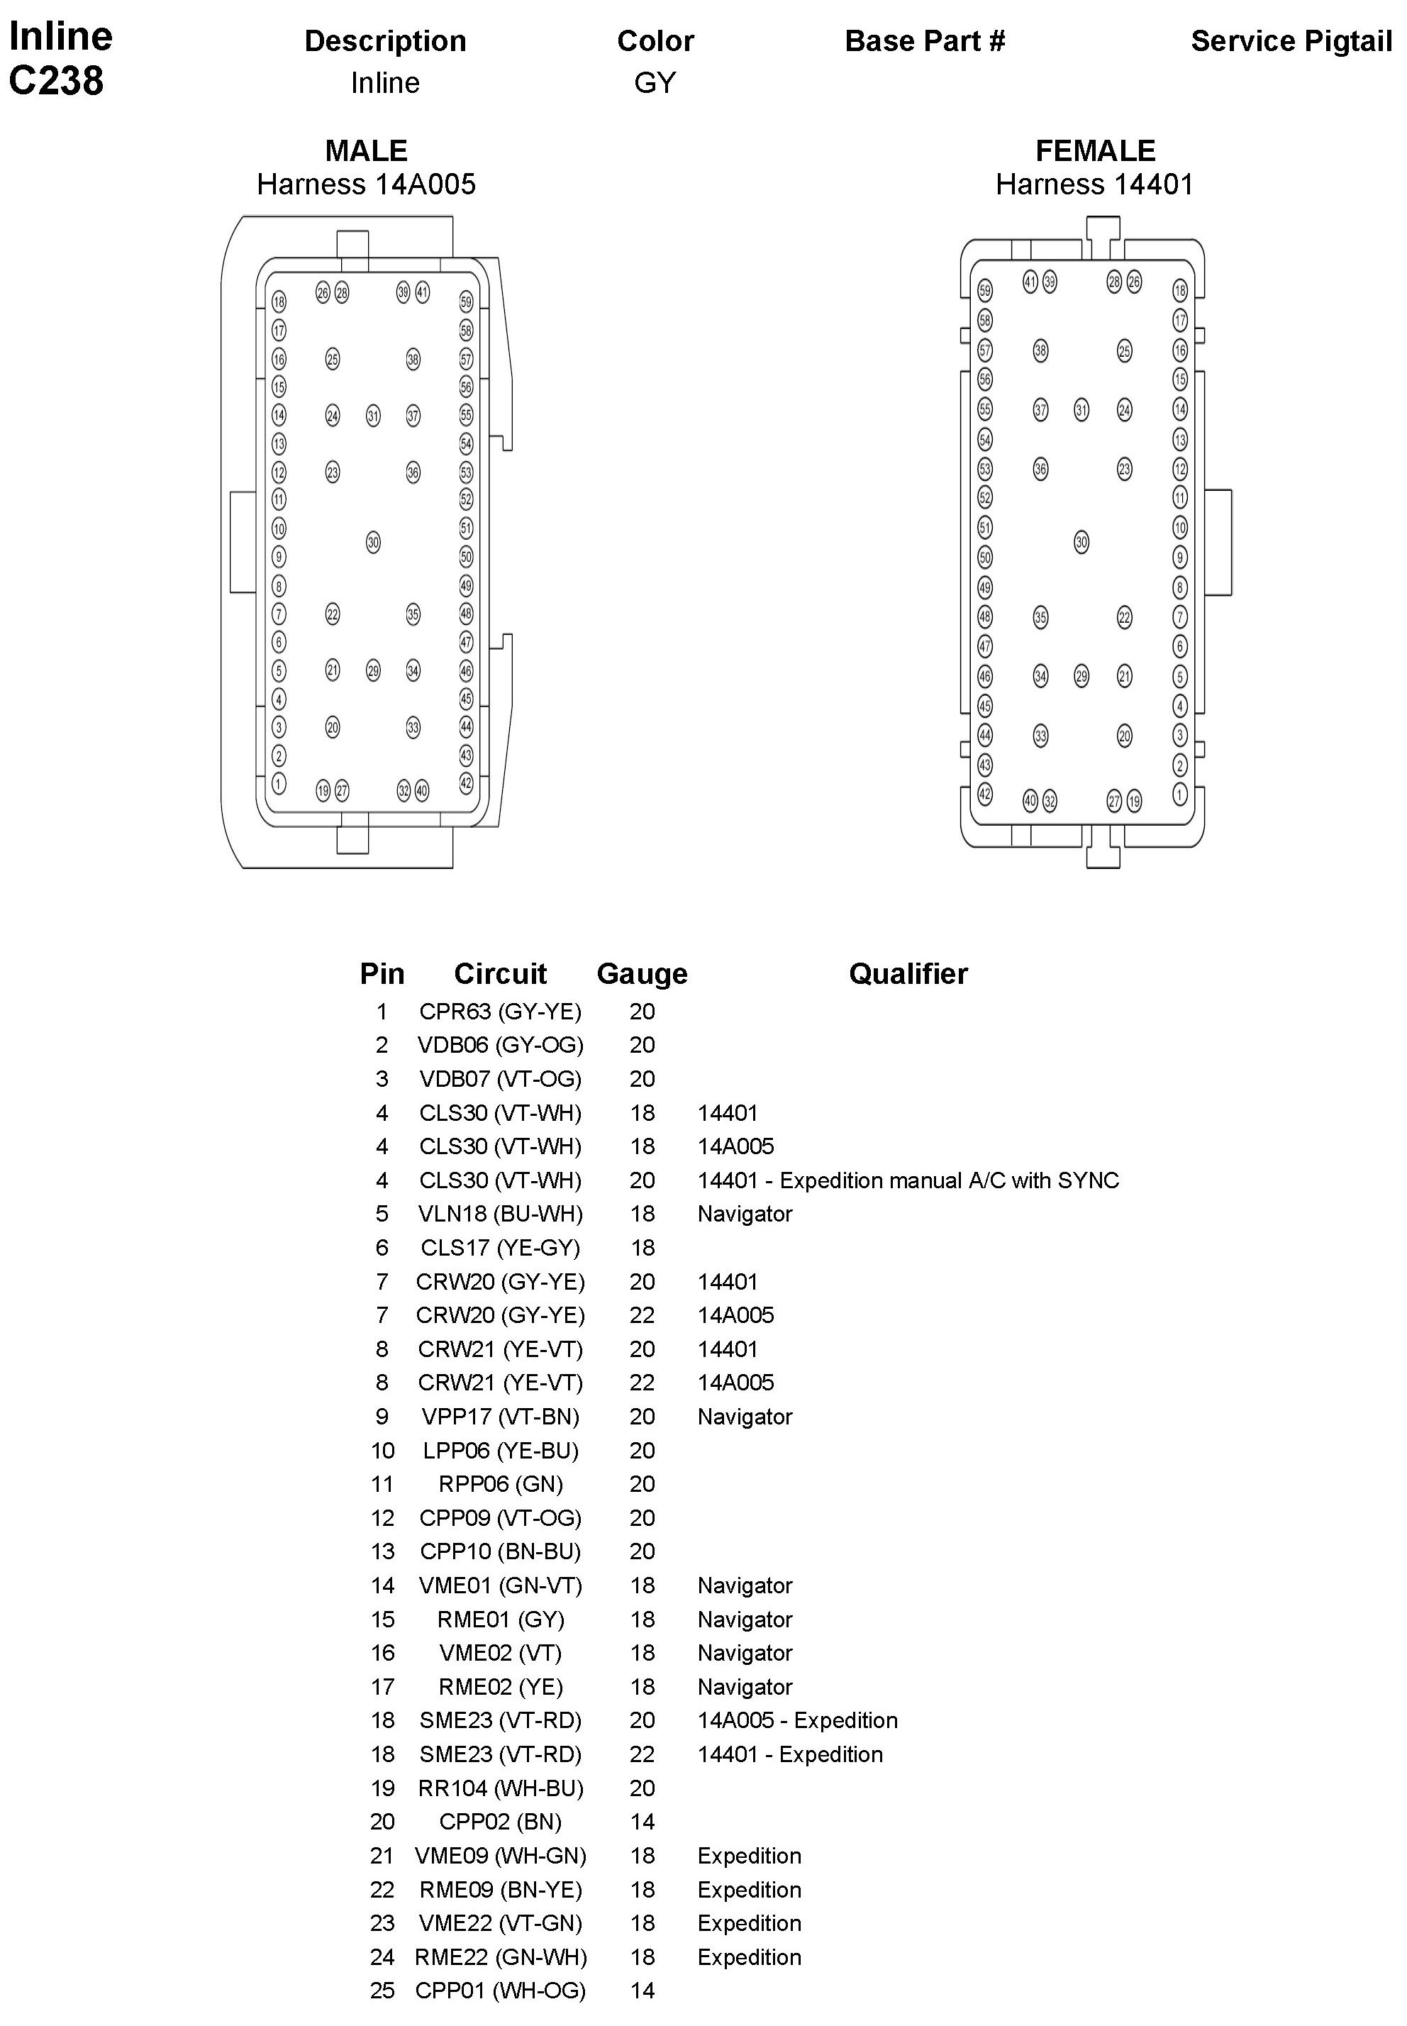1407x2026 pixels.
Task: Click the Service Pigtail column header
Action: pyautogui.click(x=1291, y=41)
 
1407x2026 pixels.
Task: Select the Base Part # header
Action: pyautogui.click(x=924, y=41)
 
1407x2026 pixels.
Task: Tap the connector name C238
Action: pyautogui.click(x=57, y=81)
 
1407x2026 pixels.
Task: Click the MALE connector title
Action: pyautogui.click(x=366, y=151)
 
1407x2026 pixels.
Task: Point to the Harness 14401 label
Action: pyautogui.click(x=1094, y=184)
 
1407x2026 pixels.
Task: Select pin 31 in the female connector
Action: pyautogui.click(x=1081, y=410)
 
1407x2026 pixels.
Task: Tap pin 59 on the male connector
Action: pyautogui.click(x=467, y=302)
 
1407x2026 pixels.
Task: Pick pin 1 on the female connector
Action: pyautogui.click(x=1179, y=795)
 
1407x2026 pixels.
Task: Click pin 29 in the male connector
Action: pyautogui.click(x=373, y=671)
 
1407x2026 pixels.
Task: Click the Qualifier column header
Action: pyautogui.click(x=907, y=973)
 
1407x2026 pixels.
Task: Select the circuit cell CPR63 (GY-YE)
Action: pyautogui.click(x=500, y=1012)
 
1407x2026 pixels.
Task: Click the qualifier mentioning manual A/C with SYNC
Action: pyautogui.click(x=907, y=1180)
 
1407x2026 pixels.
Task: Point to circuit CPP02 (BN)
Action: pyautogui.click(x=500, y=1822)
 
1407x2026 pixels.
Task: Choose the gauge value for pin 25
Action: pyautogui.click(x=642, y=1991)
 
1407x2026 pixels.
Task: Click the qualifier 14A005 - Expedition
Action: pyautogui.click(x=797, y=1720)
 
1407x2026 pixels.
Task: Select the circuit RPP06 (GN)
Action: pyautogui.click(x=500, y=1484)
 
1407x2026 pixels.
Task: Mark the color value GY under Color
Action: pyautogui.click(x=654, y=83)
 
